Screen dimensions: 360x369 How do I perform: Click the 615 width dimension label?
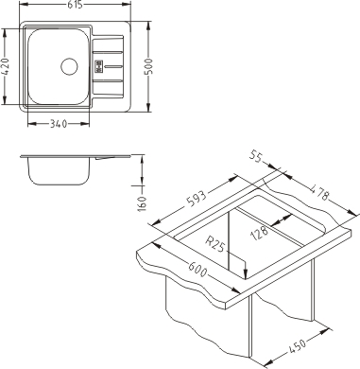pos(75,5)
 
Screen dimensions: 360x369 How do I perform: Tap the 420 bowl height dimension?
pos(7,66)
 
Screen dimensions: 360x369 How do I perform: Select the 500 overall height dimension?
pos(148,66)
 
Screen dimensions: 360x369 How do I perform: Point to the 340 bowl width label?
pos(59,124)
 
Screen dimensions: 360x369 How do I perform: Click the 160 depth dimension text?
pos(143,203)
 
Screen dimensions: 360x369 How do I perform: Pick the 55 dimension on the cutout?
pos(255,156)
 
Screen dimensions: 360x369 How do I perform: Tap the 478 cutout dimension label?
pos(318,192)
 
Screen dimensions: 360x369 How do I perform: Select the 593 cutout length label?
pos(197,198)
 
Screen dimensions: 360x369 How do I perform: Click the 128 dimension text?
pos(259,233)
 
